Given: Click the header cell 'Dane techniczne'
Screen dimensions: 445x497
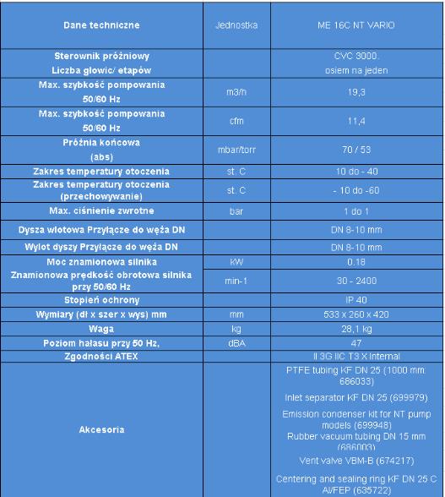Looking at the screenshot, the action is (x=102, y=25).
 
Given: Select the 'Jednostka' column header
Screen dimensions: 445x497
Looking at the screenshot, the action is (x=236, y=25).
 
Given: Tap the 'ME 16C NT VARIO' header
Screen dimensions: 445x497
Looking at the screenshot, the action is (x=361, y=25).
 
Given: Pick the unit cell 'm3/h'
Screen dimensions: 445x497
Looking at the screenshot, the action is (x=236, y=93).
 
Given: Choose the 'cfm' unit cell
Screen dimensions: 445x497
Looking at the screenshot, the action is (x=236, y=121).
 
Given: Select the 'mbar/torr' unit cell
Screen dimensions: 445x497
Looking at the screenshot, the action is (x=236, y=150).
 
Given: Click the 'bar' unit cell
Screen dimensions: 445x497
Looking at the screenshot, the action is (x=236, y=210).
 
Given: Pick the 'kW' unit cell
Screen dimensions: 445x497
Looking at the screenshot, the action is (x=236, y=262).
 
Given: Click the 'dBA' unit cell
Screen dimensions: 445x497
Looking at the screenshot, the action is (x=236, y=342).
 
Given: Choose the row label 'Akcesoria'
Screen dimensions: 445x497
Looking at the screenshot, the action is (x=102, y=429).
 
